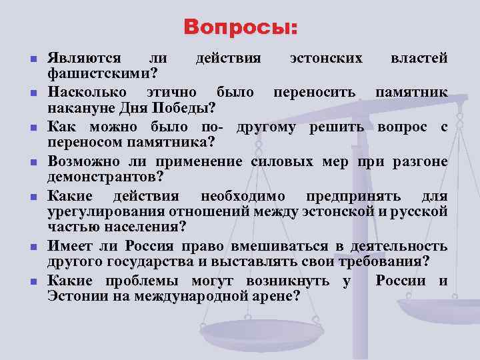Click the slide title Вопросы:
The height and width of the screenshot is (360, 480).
coord(241,28)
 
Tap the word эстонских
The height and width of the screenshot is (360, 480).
coord(327,58)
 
